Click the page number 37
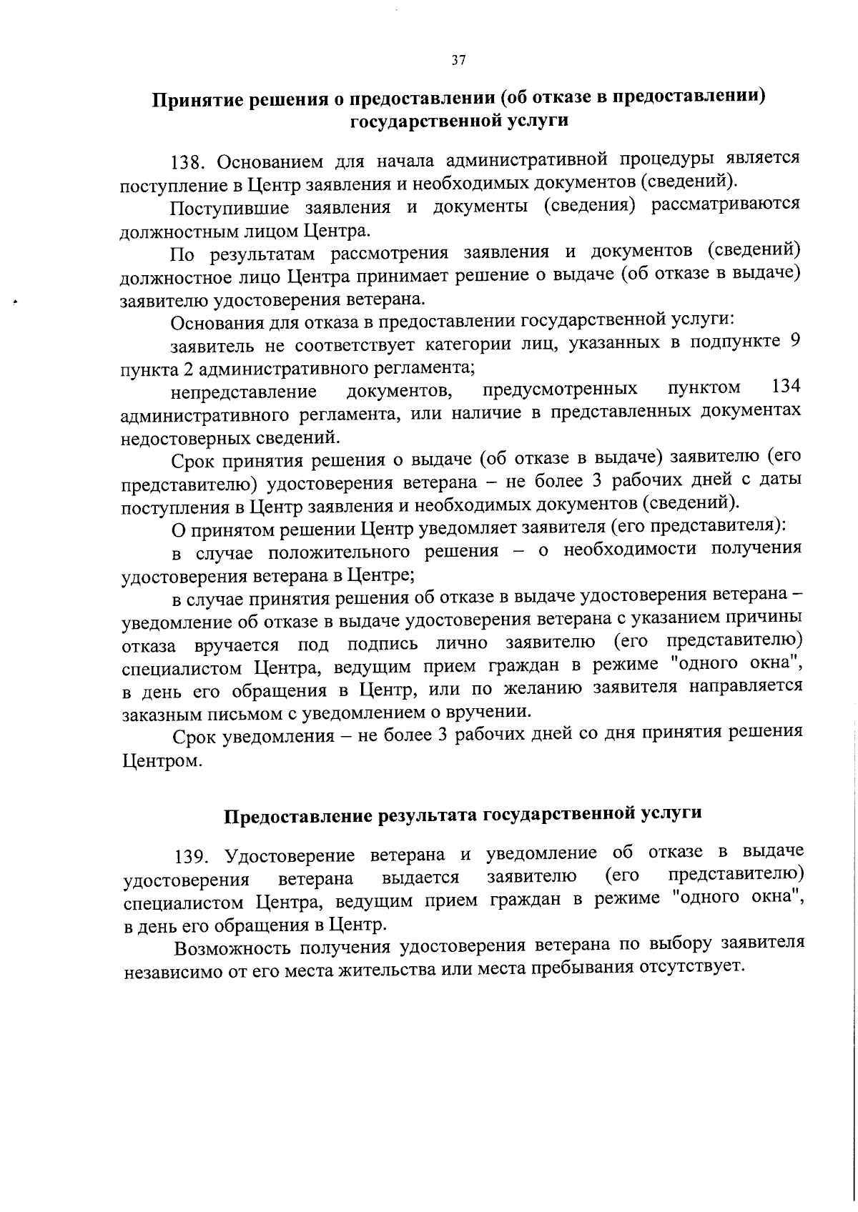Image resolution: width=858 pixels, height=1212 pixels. tap(459, 61)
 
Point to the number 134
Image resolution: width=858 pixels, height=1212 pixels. tap(786, 387)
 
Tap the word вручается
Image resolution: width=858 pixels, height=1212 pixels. tap(236, 645)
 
